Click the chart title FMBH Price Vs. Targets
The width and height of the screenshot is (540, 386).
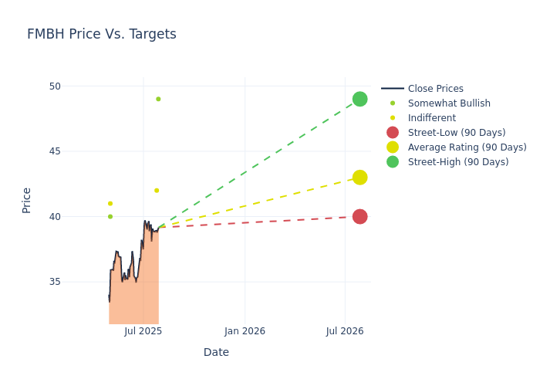pyautogui.click(x=102, y=34)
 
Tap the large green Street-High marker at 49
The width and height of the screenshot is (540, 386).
pyautogui.click(x=359, y=99)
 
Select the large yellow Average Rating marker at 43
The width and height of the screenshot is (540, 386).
pyautogui.click(x=359, y=178)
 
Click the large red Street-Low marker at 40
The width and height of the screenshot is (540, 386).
pyautogui.click(x=359, y=216)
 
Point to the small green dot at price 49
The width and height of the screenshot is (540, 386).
pyautogui.click(x=158, y=99)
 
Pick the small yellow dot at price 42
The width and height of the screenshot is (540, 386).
pyautogui.click(x=157, y=191)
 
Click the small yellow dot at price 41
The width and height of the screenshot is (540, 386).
pyautogui.click(x=110, y=204)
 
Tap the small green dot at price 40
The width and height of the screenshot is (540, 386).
pyautogui.click(x=110, y=217)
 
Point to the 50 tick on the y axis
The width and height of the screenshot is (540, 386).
pyautogui.click(x=55, y=86)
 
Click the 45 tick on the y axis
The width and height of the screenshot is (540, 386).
pyautogui.click(x=55, y=151)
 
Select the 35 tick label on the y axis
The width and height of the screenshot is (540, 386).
pyautogui.click(x=55, y=282)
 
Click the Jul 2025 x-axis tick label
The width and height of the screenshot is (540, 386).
pyautogui.click(x=143, y=331)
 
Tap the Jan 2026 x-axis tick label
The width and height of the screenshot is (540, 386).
pyautogui.click(x=245, y=331)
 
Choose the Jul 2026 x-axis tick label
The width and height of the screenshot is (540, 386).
pyautogui.click(x=345, y=331)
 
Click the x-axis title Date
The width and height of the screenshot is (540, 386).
pyautogui.click(x=216, y=353)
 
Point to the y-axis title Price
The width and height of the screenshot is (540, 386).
pyautogui.click(x=27, y=200)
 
